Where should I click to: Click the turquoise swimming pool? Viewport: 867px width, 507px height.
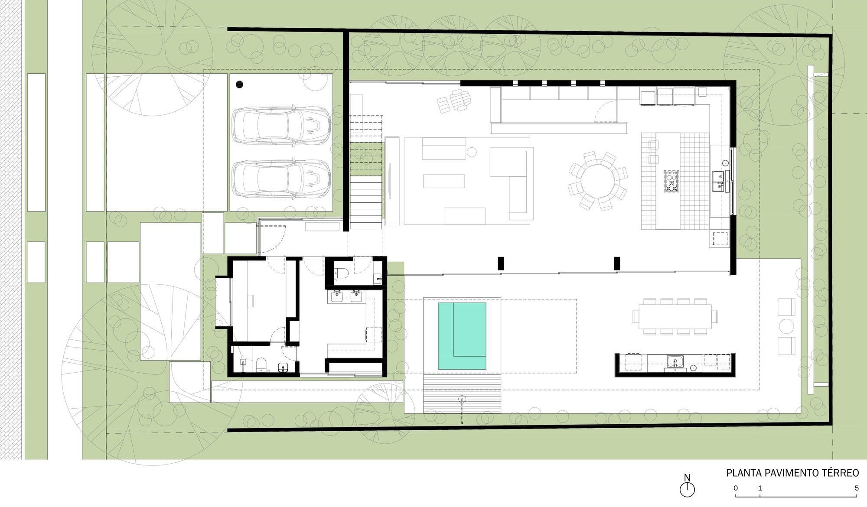462,336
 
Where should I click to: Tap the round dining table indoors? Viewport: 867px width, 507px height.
597,181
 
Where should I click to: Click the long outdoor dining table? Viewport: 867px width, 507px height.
675,316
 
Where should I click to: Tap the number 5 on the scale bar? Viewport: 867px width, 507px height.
857,488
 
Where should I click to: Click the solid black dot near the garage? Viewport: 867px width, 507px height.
240,85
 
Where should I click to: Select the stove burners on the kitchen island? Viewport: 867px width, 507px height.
671,181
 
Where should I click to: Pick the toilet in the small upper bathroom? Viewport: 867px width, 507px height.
342,273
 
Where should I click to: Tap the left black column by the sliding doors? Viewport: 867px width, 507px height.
501,263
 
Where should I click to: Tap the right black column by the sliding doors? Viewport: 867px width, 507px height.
617,263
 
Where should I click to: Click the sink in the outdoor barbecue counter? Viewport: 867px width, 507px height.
675,361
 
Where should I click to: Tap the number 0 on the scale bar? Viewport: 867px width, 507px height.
736,488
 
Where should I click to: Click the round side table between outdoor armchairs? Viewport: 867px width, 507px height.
786,326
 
